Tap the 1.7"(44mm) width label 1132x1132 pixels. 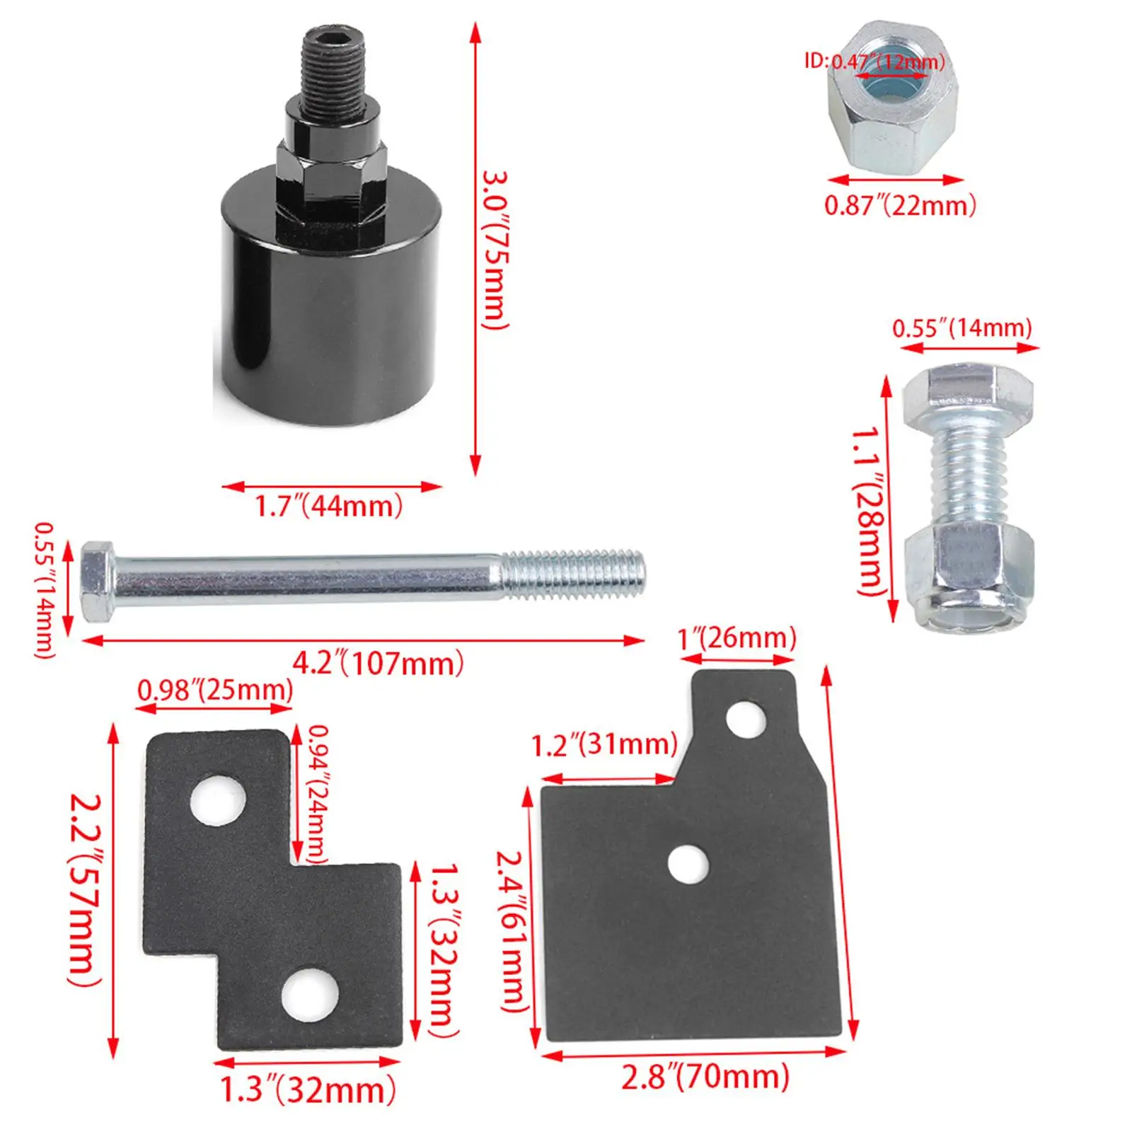pyautogui.click(x=329, y=506)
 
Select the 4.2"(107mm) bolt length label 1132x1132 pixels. pyautogui.click(x=379, y=663)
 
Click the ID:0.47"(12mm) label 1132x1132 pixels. pyautogui.click(x=874, y=62)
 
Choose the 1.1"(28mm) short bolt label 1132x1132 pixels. pyautogui.click(x=868, y=510)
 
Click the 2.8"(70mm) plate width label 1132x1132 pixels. pyautogui.click(x=705, y=1076)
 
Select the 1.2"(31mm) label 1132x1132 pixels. pyautogui.click(x=604, y=745)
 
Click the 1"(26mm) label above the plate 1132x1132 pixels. pyautogui.click(x=737, y=638)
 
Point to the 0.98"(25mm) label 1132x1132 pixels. pyautogui.click(x=215, y=690)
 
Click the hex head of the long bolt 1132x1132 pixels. pyautogui.click(x=97, y=582)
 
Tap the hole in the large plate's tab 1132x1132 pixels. pyautogui.click(x=746, y=720)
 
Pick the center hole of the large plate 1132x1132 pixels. pyautogui.click(x=688, y=865)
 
